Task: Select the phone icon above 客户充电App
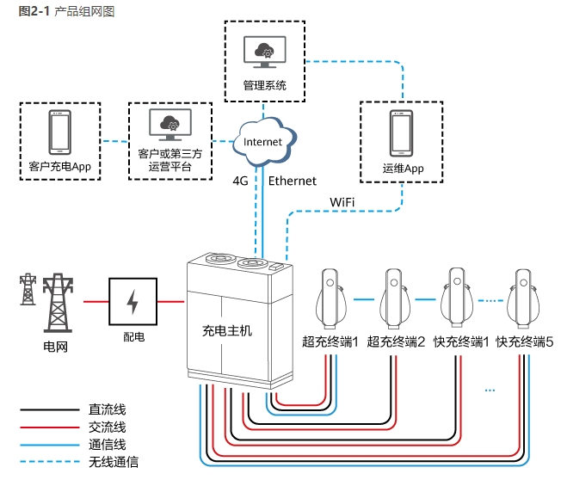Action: (x=59, y=133)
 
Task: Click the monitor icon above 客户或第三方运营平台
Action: (x=170, y=126)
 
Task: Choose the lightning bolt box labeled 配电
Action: (x=133, y=301)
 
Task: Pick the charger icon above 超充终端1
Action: (x=329, y=298)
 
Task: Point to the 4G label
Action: (x=242, y=181)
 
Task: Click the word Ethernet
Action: (x=293, y=181)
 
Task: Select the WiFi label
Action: (x=342, y=201)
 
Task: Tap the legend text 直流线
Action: (x=107, y=410)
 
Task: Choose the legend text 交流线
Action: (x=107, y=427)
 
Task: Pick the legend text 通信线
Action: (x=107, y=445)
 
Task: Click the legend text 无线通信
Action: (x=113, y=462)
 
